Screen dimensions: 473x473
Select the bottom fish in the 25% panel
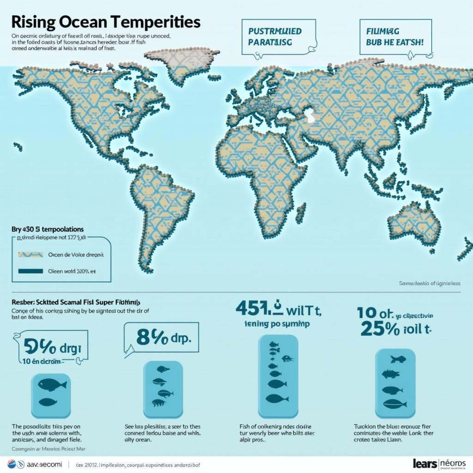pyautogui.click(x=391, y=405)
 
